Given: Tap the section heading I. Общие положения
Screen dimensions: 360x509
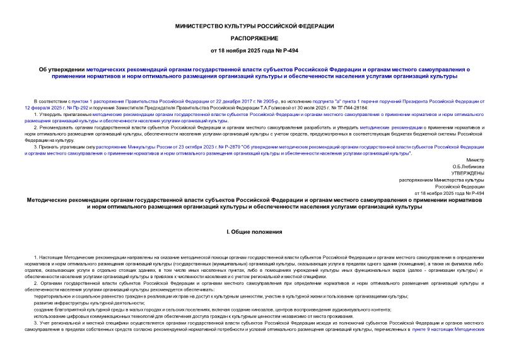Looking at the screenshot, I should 254,232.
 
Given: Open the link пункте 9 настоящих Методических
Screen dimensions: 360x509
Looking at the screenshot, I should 450,330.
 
